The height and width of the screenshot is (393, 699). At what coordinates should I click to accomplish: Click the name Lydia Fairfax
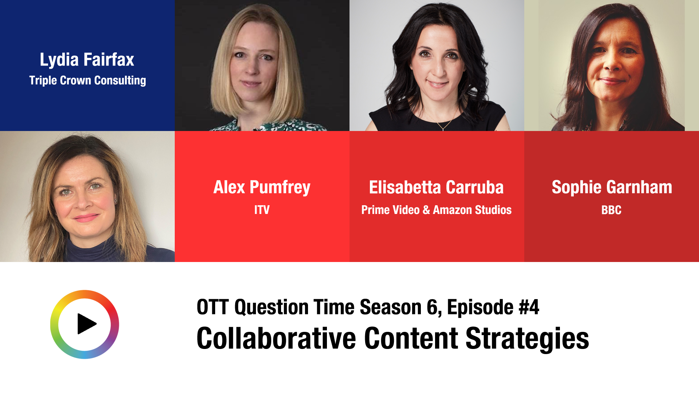click(87, 60)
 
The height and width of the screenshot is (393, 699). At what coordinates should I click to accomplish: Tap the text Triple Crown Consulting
click(87, 80)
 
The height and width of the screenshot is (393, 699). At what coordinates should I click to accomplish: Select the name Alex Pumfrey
click(262, 187)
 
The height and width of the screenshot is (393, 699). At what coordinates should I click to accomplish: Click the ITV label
click(262, 210)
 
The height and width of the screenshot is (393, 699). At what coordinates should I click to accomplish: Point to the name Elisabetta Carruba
click(436, 187)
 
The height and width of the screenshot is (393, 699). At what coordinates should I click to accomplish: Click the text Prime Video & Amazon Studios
click(436, 210)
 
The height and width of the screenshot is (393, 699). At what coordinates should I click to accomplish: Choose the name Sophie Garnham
click(612, 187)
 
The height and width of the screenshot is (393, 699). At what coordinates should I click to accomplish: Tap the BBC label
click(611, 210)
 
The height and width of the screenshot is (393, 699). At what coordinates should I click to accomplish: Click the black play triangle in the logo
click(86, 324)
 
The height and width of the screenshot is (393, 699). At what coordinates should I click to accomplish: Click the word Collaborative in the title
click(276, 338)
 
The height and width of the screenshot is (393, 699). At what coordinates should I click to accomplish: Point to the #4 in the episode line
click(529, 307)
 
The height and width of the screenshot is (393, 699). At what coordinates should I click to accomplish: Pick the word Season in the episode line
click(391, 307)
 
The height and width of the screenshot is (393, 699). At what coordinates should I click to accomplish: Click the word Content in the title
click(411, 338)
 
